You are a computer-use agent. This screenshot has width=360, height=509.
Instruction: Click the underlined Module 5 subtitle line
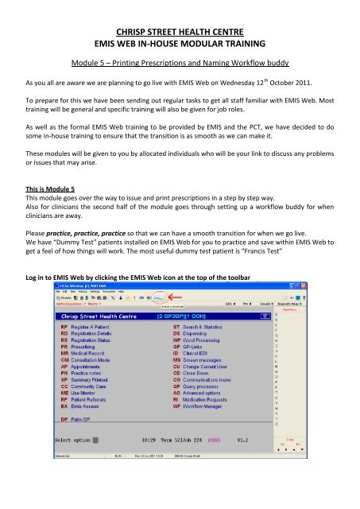point(180,68)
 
